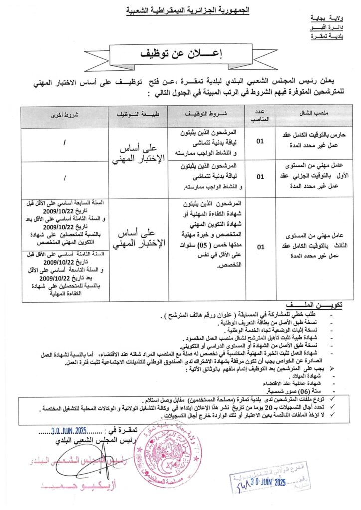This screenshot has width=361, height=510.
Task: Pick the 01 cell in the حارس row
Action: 260,142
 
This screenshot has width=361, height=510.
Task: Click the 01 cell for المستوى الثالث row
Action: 260,246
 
